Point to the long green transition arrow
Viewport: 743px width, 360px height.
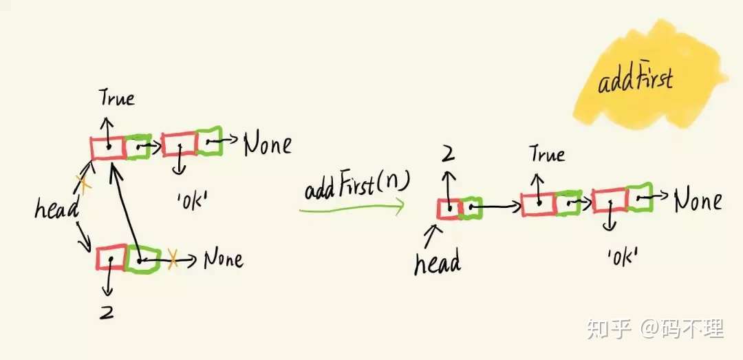click(351, 207)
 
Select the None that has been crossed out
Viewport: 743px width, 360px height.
click(223, 260)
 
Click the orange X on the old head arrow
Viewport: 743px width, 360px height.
click(83, 184)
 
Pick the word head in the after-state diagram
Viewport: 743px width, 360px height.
click(437, 262)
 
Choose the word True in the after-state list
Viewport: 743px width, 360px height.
click(547, 154)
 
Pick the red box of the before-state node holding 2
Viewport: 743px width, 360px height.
click(110, 258)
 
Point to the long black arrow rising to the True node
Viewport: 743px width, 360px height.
click(128, 207)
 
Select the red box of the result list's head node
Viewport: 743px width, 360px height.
click(449, 209)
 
